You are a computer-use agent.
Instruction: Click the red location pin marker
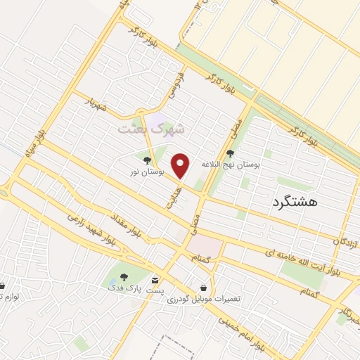[x=181, y=166]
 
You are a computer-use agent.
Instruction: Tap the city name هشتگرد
[x=293, y=202]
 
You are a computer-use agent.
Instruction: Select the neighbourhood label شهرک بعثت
[x=150, y=129]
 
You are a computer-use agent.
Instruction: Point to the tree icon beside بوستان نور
[x=147, y=160]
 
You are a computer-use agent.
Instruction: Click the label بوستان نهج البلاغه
[x=231, y=163]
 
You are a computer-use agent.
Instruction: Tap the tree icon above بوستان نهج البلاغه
[x=231, y=153]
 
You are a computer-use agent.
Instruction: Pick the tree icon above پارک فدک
[x=124, y=278]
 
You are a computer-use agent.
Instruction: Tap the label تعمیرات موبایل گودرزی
[x=204, y=299]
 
